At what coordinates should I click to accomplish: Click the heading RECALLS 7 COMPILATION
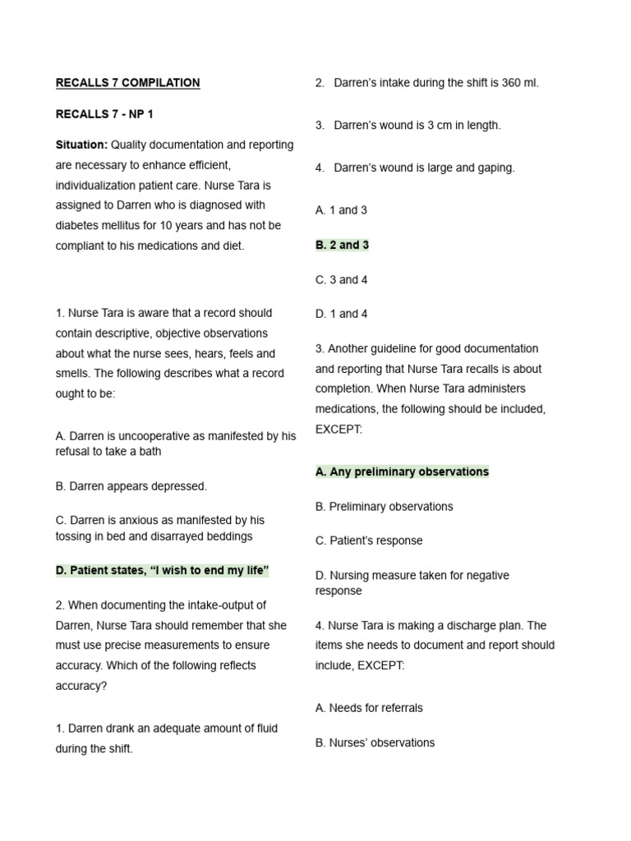point(127,83)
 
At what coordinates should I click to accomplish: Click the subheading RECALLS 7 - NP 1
point(104,114)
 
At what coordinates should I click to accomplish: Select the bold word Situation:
point(81,145)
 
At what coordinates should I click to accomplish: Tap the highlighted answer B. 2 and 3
point(342,245)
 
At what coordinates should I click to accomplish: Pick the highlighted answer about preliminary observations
point(402,471)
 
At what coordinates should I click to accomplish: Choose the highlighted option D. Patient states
point(163,571)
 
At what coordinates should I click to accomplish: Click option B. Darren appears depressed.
point(131,486)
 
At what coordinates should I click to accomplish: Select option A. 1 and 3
point(341,210)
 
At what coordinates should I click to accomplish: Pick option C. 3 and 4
point(341,280)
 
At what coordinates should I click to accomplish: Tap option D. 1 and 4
point(341,314)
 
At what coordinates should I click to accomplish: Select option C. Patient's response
point(369,540)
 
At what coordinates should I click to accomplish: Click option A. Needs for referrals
point(369,708)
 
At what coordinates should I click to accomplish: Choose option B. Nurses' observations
point(375,742)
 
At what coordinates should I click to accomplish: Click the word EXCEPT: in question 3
point(339,430)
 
